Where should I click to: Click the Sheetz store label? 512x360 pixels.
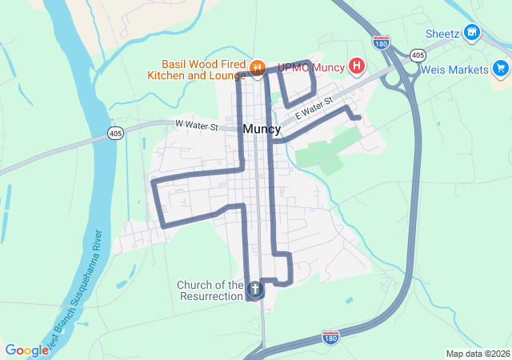[442, 34]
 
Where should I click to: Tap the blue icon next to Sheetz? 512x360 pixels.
[473, 33]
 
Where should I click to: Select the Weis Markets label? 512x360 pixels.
[454, 70]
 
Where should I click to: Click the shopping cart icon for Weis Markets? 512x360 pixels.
[501, 69]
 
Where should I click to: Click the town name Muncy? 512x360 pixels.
[262, 129]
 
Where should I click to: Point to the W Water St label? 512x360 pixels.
[196, 124]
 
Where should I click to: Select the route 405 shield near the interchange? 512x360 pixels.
[417, 54]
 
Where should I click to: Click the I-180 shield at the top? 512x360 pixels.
[382, 41]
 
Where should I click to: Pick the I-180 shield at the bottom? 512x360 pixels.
[330, 338]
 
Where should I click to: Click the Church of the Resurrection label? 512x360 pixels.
[210, 290]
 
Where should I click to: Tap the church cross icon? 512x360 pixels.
[255, 289]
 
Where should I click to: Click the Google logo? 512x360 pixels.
[26, 350]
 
